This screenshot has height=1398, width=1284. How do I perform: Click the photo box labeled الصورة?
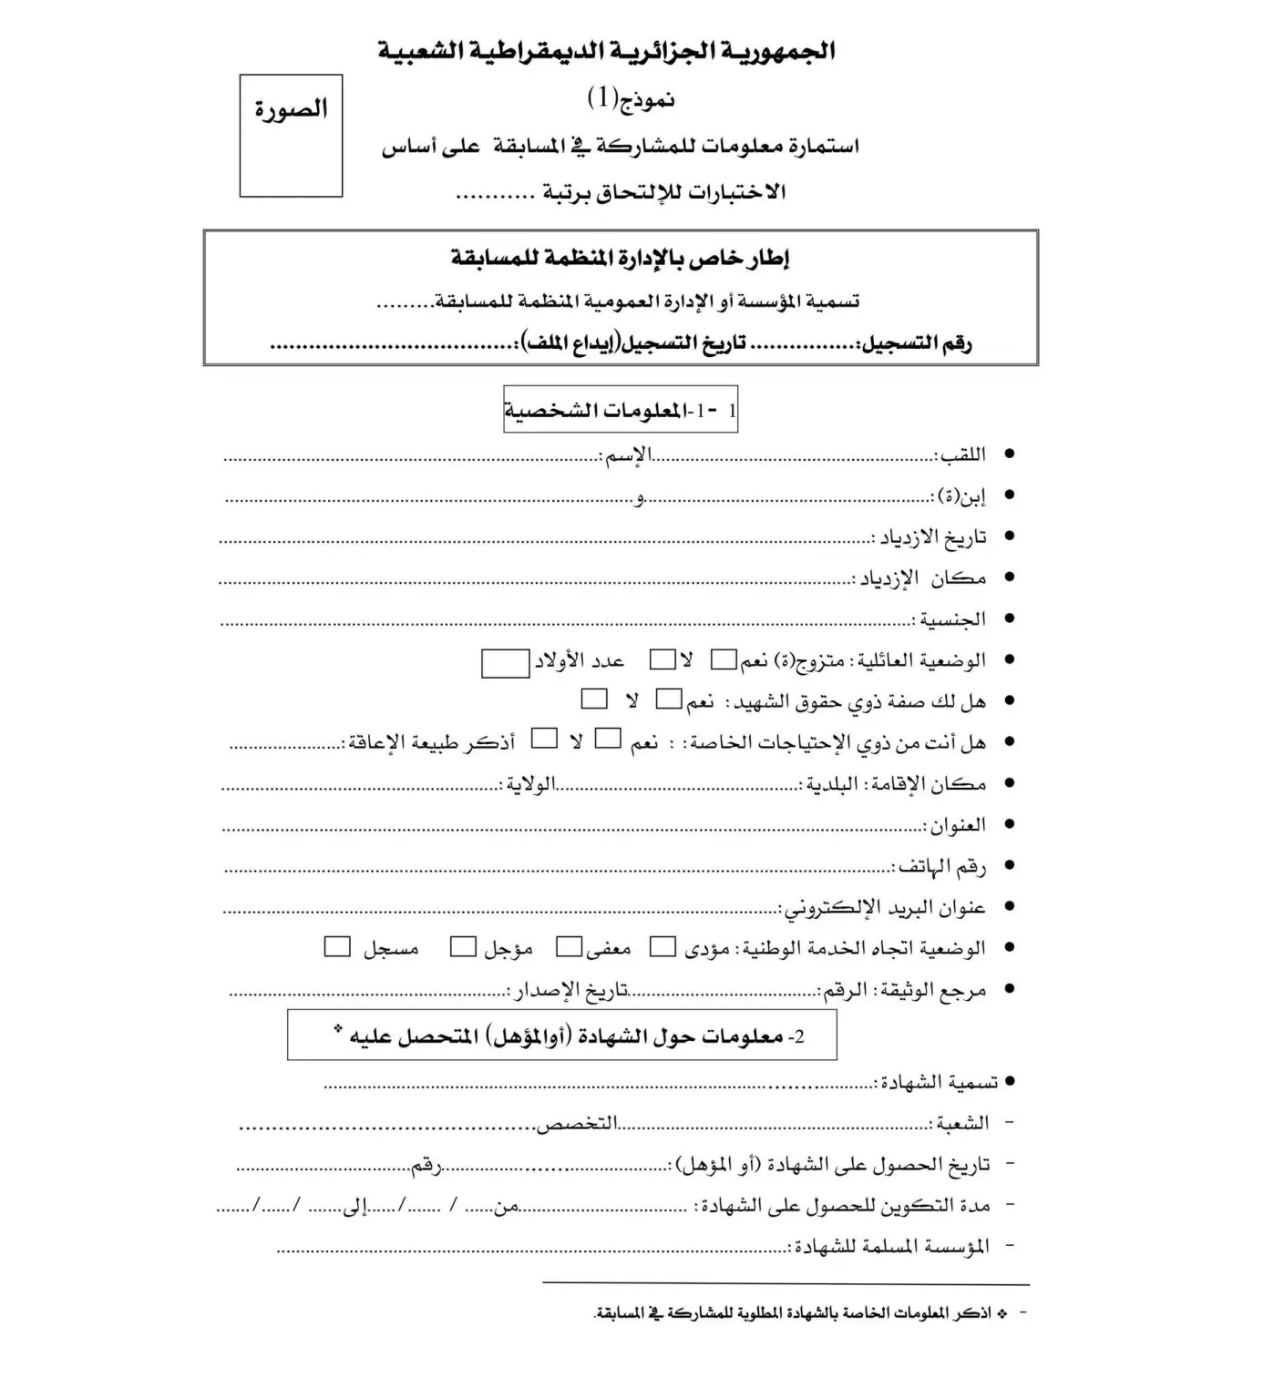(x=291, y=136)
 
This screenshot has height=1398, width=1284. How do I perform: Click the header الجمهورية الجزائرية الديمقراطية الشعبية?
(x=606, y=51)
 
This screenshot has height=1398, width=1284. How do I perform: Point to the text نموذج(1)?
(x=631, y=98)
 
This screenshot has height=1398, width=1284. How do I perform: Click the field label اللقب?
(x=962, y=454)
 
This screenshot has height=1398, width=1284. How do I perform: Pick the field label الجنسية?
(x=951, y=619)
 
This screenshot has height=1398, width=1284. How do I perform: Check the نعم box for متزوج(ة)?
(x=724, y=659)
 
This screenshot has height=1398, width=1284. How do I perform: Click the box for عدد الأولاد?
(x=505, y=663)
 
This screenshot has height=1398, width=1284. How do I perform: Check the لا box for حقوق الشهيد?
(x=594, y=699)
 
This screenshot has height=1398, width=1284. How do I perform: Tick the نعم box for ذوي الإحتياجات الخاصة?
(x=608, y=739)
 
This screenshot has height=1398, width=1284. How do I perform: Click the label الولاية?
(x=530, y=784)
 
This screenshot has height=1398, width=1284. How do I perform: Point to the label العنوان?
(x=956, y=825)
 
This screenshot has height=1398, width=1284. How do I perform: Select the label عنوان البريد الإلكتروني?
(x=885, y=908)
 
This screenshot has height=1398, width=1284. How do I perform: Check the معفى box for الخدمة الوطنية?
(x=570, y=947)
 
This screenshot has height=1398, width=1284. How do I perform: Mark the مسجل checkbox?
(x=337, y=947)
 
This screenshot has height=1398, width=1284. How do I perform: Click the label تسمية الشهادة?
(x=939, y=1082)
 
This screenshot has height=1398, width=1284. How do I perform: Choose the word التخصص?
(x=576, y=1124)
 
